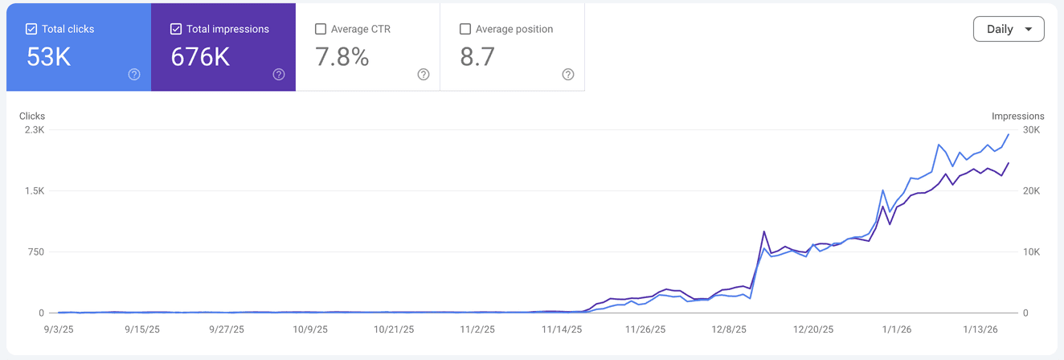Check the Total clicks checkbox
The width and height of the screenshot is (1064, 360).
click(31, 29)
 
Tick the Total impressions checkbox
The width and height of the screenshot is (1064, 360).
click(176, 29)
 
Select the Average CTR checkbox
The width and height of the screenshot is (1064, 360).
click(321, 29)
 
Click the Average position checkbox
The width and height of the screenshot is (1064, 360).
click(465, 29)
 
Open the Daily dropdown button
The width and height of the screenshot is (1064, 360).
click(1009, 29)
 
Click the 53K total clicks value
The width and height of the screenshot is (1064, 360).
click(48, 57)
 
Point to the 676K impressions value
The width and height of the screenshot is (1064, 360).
click(200, 57)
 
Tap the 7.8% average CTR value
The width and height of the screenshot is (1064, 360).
click(342, 57)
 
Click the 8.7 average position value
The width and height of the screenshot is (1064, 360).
click(477, 57)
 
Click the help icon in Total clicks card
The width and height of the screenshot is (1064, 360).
click(134, 75)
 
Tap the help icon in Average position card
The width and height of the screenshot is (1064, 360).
click(568, 75)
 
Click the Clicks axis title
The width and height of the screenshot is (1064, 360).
click(32, 117)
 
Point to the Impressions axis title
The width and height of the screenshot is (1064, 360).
click(1018, 117)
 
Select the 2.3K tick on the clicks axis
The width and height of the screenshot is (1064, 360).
click(35, 130)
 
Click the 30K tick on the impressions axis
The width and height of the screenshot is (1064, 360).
click(1031, 130)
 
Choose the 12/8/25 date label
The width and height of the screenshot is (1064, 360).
click(730, 329)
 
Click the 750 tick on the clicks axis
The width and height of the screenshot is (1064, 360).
click(36, 252)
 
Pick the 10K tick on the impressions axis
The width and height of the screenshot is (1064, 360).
click(1031, 252)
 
